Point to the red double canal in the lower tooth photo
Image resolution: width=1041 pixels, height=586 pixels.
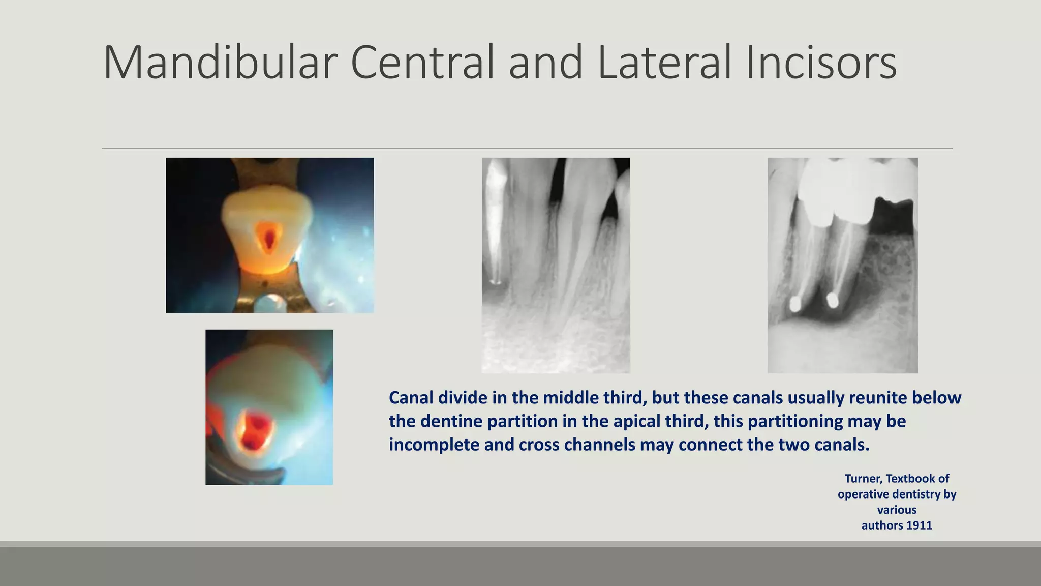point(254,429)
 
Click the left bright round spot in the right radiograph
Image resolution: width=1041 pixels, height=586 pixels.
point(794,304)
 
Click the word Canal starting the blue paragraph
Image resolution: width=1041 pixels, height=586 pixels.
point(411,398)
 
